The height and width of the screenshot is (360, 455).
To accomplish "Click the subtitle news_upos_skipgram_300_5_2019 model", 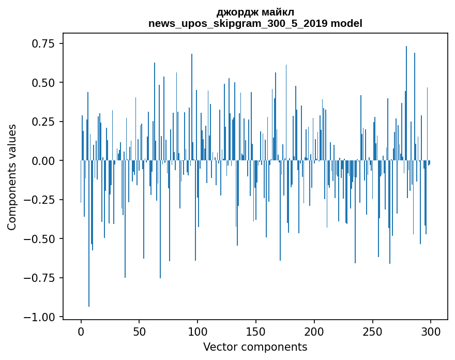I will (255, 23).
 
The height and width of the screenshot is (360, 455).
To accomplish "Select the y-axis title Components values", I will (12, 177).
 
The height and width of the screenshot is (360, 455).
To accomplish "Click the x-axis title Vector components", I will (255, 347).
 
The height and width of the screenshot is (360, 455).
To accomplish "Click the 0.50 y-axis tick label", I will (44, 83).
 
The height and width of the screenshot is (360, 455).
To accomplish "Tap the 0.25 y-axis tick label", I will (44, 122).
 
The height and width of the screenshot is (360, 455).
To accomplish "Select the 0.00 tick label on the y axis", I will (44, 161).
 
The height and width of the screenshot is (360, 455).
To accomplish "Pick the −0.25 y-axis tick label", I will (40, 200).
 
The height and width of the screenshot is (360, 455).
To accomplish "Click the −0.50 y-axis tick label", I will (40, 239).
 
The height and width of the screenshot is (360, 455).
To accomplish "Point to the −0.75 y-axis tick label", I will (40, 278).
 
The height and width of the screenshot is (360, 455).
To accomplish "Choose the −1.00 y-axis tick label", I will (40, 317).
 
